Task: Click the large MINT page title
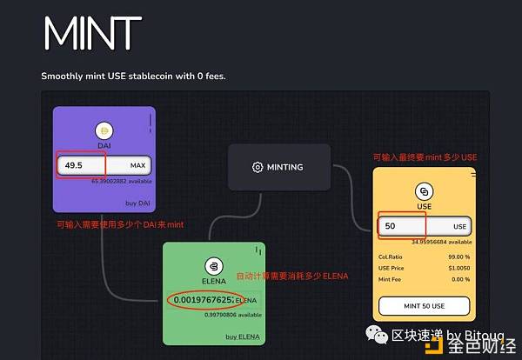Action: pos(91,34)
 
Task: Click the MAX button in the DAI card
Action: pos(137,165)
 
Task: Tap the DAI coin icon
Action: pos(104,130)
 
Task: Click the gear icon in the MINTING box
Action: pos(257,167)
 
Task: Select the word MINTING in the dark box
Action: pos(285,167)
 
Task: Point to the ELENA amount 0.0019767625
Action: pos(202,301)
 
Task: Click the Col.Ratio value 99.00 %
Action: pos(454,257)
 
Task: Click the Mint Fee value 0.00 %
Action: pos(457,280)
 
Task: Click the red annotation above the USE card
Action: pos(425,157)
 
